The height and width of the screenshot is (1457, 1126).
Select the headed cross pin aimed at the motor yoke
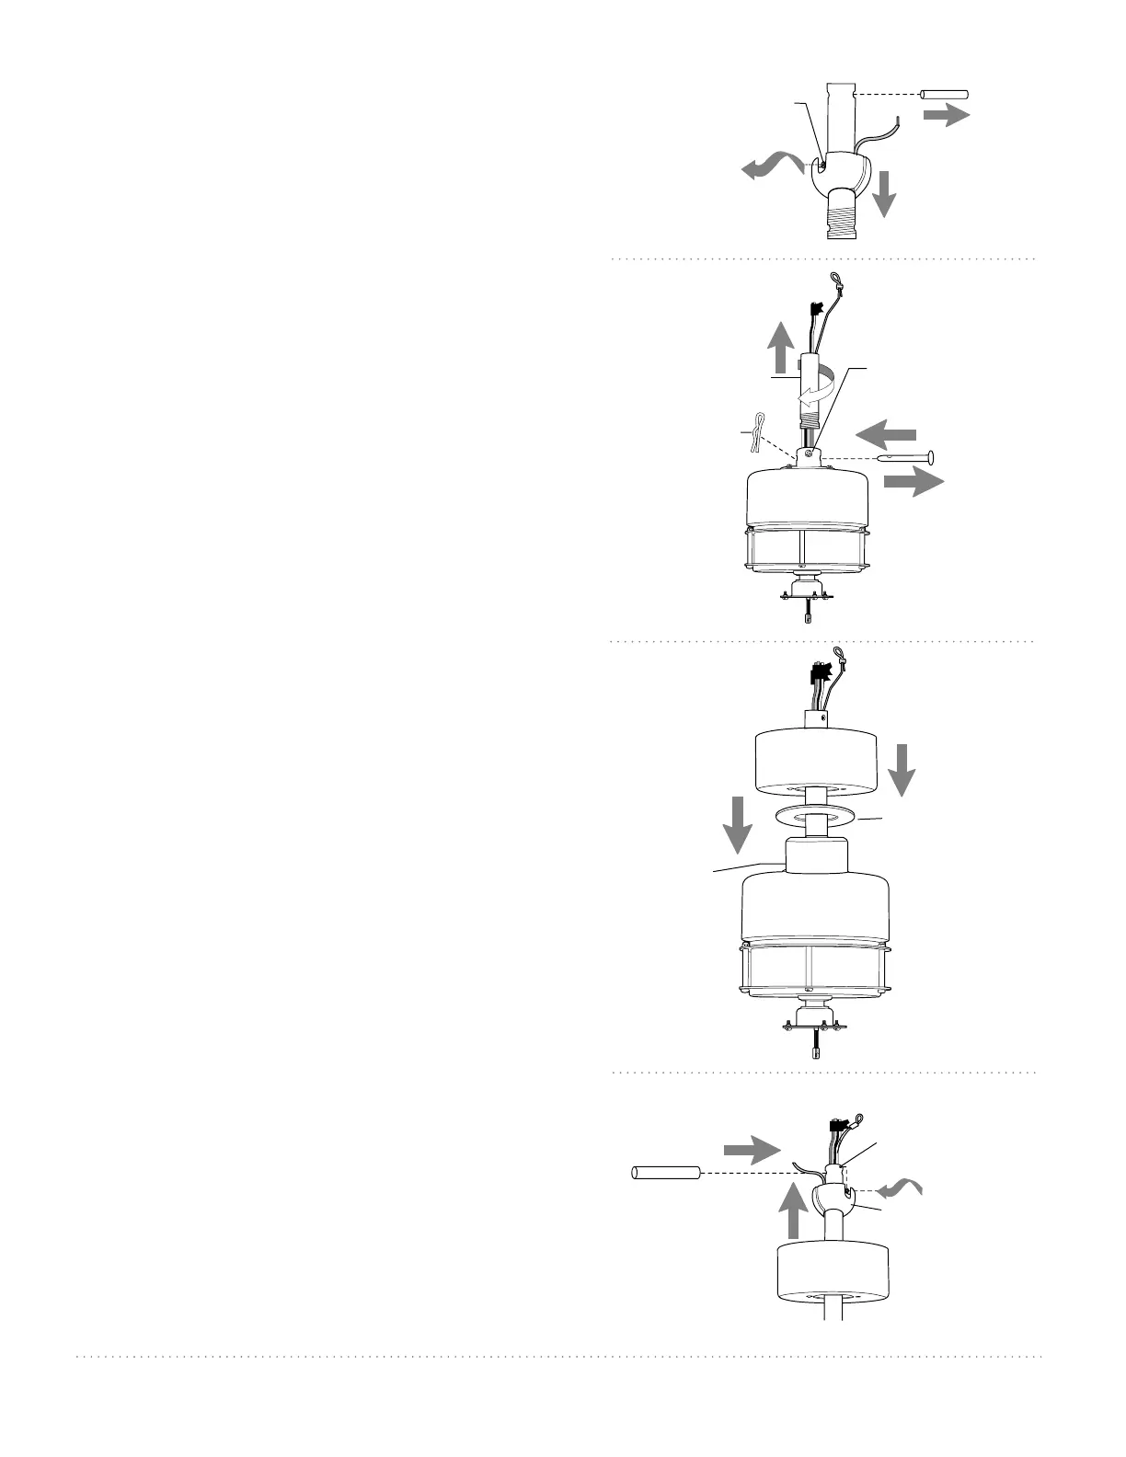tap(907, 456)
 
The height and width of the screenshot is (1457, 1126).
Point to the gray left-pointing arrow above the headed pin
tap(886, 431)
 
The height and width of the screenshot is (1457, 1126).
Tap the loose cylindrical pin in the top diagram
tap(946, 94)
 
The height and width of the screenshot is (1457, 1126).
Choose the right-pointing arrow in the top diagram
tap(947, 114)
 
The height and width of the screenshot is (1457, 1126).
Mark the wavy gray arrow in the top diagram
tap(772, 166)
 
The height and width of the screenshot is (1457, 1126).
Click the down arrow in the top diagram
tap(884, 192)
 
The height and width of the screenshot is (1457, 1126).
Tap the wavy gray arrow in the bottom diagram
tap(899, 1190)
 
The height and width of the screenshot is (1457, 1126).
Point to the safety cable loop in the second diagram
tap(835, 280)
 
